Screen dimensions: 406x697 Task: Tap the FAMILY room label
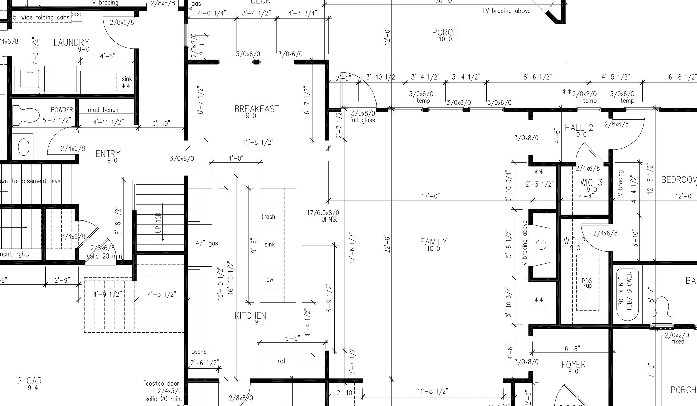[434, 242]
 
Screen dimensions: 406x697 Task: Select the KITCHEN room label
[250, 316]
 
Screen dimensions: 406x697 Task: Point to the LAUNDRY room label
[71, 43]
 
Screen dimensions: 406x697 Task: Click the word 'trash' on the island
[268, 217]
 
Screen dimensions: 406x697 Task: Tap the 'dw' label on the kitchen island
[270, 280]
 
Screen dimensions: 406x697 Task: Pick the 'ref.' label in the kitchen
[282, 361]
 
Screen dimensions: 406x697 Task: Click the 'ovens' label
[199, 352]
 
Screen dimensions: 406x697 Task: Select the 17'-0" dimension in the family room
[430, 196]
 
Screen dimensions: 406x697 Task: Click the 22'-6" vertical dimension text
[387, 243]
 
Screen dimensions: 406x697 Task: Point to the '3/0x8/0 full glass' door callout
[363, 116]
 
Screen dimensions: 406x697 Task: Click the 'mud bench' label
[103, 110]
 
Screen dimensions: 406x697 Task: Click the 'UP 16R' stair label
[159, 223]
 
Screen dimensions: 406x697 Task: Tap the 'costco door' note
[163, 391]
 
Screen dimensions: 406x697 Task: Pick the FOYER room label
[573, 365]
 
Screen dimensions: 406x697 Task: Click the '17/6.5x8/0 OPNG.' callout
[323, 216]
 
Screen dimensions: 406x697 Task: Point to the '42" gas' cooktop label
[207, 243]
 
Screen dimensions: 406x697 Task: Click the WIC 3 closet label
[591, 183]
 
